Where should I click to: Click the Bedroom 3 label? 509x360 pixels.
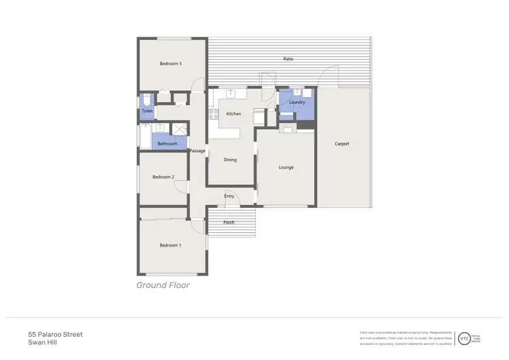170,64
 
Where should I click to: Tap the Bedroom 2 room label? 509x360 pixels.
163,177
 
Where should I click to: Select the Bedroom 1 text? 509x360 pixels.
170,245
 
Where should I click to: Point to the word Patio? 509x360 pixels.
288,60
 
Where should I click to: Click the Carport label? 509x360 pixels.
342,143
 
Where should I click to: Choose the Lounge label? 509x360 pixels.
286,167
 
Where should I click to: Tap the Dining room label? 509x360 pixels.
230,160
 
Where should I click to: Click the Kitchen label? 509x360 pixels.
233,113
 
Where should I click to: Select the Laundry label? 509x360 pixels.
297,103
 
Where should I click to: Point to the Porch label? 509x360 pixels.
229,222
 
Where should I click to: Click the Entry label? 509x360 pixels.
229,196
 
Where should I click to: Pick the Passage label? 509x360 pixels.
197,151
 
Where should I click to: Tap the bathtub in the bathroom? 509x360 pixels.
145,137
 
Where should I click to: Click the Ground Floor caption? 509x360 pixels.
163,285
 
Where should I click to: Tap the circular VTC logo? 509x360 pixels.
464,338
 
